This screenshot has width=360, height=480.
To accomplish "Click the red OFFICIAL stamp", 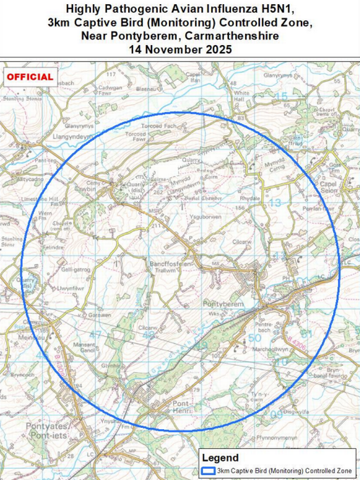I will click(30, 77).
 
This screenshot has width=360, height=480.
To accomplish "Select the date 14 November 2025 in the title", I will click(180, 49).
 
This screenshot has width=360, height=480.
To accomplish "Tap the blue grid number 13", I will click(275, 203).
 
